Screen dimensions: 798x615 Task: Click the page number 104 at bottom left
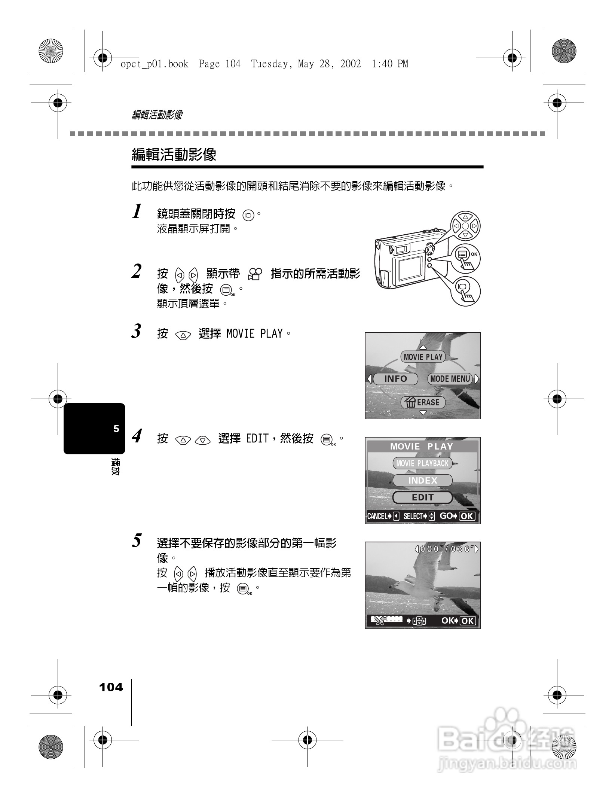pos(111,687)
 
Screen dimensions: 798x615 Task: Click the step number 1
pos(137,211)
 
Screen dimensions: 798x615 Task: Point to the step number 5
pos(137,541)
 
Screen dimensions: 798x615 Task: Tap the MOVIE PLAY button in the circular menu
pos(423,357)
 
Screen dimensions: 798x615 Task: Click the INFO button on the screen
pos(395,379)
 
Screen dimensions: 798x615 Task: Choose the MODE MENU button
pos(450,379)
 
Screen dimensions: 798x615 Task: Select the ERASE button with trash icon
pos(423,402)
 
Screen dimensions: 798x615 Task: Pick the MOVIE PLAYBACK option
pos(422,463)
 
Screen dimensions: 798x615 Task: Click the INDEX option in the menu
pos(423,481)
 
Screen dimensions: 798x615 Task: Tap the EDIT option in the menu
pos(423,497)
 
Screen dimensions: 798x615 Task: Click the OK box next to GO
pos(467,517)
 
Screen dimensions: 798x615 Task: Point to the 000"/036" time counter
pos(447,549)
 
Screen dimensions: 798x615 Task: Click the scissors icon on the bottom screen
pos(379,621)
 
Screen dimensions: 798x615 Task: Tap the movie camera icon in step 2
pos(256,274)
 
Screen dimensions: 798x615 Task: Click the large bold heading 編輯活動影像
pos(174,155)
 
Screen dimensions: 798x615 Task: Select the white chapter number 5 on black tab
pos(116,429)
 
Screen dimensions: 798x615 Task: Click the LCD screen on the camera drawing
pos(410,269)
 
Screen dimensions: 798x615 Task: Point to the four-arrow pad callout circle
pos(465,226)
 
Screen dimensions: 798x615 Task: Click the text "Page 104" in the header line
pos(220,64)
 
